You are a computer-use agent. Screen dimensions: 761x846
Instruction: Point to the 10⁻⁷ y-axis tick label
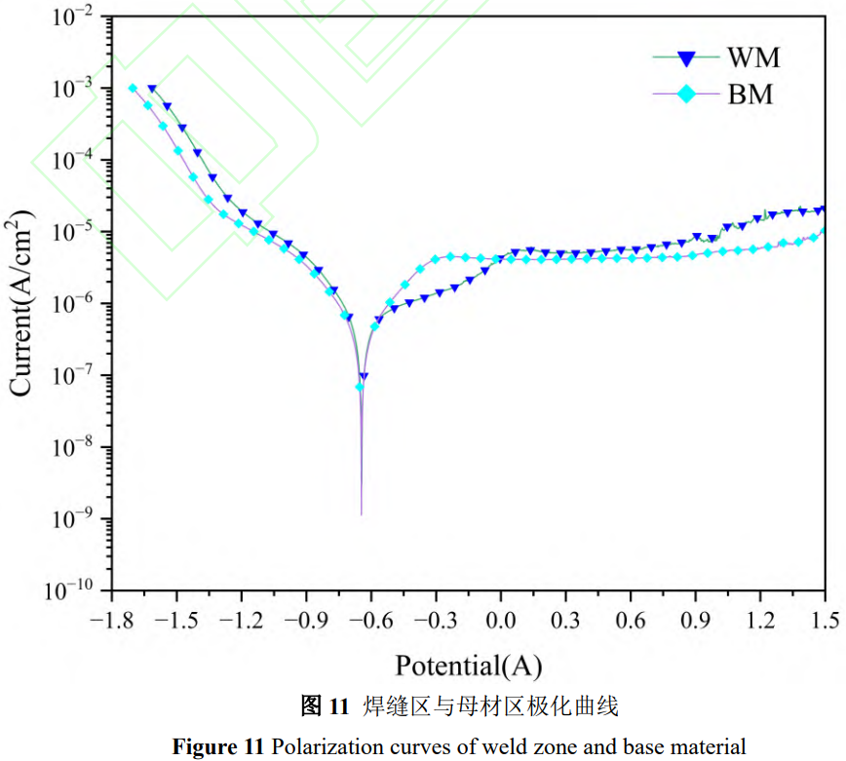point(72,376)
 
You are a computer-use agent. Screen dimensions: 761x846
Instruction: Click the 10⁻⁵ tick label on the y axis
point(72,232)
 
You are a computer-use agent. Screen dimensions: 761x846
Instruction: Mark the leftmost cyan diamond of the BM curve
point(133,89)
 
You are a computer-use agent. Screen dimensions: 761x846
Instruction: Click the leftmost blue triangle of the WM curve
point(152,89)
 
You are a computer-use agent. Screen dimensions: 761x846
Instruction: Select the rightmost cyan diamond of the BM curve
point(825,231)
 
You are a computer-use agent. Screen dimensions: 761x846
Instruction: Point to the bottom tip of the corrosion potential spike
point(362,514)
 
